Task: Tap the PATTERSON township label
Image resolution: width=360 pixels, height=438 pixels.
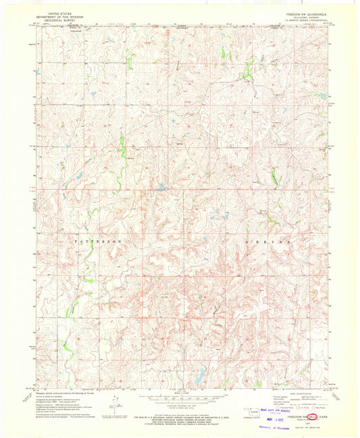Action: click(98, 240)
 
